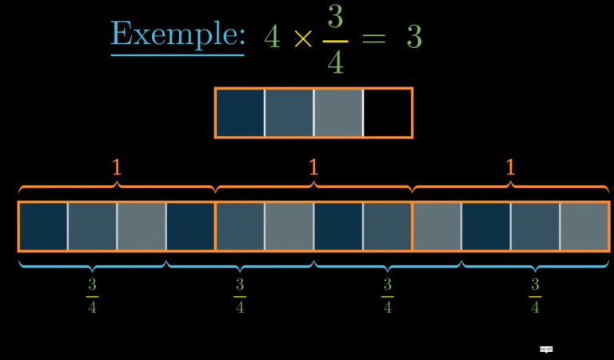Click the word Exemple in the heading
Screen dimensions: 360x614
(177, 34)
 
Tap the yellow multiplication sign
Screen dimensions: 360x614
(303, 38)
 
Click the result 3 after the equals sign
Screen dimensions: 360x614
(413, 37)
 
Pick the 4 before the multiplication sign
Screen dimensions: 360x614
(273, 37)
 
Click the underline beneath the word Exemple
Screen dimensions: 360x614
(177, 55)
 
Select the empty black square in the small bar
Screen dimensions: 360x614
(388, 113)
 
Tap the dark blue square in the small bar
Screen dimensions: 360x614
(240, 113)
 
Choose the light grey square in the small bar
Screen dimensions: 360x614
(338, 113)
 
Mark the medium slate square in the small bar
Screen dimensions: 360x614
(289, 113)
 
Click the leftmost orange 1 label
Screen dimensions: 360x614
(117, 167)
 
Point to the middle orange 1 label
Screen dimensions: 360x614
(313, 167)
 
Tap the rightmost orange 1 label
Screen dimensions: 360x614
(510, 167)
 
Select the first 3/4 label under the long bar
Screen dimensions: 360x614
(92, 296)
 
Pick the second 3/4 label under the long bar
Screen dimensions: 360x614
(240, 296)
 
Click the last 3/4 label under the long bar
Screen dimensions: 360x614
(535, 296)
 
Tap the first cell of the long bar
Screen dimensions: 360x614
(43, 226)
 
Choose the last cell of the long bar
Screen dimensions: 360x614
(584, 226)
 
